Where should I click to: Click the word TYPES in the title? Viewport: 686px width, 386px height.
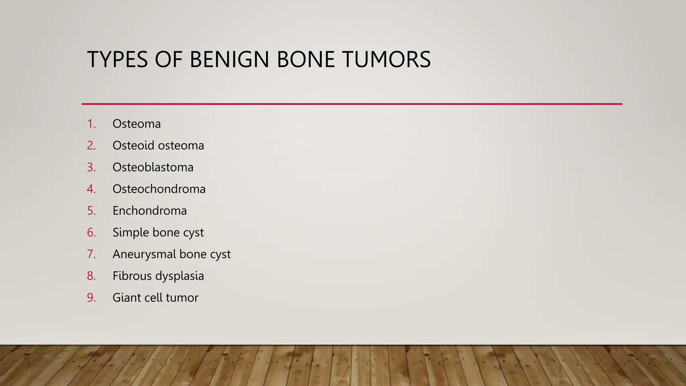[117, 60]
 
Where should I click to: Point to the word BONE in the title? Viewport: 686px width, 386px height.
[305, 60]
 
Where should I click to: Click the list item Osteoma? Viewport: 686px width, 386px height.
[136, 124]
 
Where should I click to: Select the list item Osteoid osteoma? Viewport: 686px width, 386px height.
[158, 146]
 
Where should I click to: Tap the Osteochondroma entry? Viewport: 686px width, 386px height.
[159, 189]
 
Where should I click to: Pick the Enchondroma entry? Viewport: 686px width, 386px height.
[149, 211]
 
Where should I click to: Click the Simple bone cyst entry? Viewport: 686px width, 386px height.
[158, 233]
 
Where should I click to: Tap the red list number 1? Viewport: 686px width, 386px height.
[91, 124]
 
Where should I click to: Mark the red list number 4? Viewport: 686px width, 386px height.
[91, 189]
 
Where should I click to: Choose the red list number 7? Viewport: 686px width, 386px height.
[91, 254]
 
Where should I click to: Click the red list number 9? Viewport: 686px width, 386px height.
[91, 298]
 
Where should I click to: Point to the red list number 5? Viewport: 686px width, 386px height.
[91, 211]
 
